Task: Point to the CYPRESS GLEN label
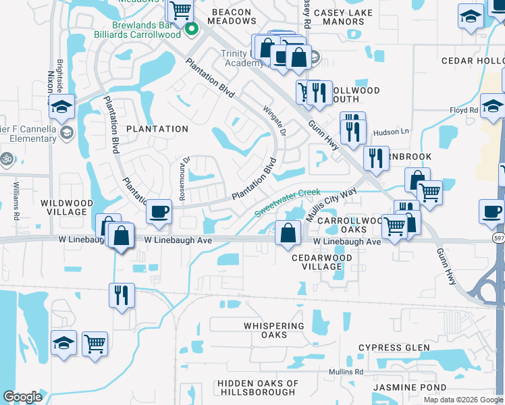point(394,348)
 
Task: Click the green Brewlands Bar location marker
point(191,28)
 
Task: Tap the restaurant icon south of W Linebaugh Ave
point(122,295)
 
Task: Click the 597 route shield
point(498,239)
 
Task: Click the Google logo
point(22,397)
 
